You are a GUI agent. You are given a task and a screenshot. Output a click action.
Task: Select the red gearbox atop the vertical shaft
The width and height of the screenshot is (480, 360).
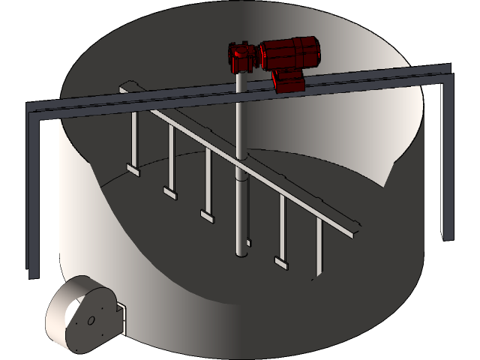pyautogui.click(x=244, y=57)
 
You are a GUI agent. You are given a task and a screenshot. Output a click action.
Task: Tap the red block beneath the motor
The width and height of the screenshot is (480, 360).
pyautogui.click(x=287, y=79)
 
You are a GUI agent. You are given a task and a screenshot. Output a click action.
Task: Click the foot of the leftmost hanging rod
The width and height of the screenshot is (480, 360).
pyautogui.click(x=133, y=169)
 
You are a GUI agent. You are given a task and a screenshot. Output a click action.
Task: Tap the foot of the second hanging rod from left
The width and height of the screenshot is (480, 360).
pyautogui.click(x=170, y=193)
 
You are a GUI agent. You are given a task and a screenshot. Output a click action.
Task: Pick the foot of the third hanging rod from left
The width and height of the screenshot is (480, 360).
pyautogui.click(x=207, y=216)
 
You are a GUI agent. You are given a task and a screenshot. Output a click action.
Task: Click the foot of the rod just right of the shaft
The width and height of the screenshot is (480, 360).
pyautogui.click(x=281, y=262)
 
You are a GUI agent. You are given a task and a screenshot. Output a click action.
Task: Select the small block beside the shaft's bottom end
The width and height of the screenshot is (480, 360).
pyautogui.click(x=249, y=244)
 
